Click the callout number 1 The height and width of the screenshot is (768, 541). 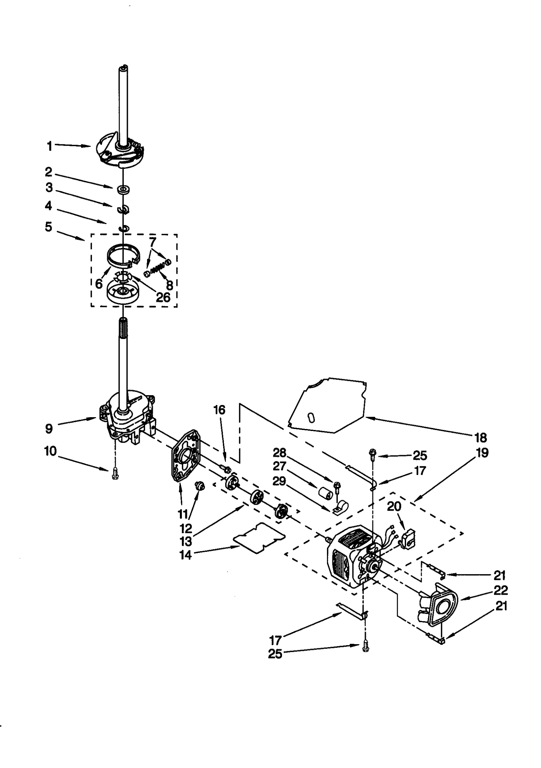(49, 146)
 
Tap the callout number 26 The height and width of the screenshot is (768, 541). (163, 297)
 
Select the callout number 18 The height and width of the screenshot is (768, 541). (480, 437)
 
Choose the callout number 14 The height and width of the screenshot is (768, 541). (186, 555)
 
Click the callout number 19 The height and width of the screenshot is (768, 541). (482, 453)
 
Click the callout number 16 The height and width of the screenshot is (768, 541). (219, 410)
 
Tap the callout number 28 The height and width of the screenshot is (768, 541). (280, 452)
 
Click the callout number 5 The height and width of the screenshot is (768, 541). (49, 227)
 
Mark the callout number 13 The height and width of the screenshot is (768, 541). (186, 541)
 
